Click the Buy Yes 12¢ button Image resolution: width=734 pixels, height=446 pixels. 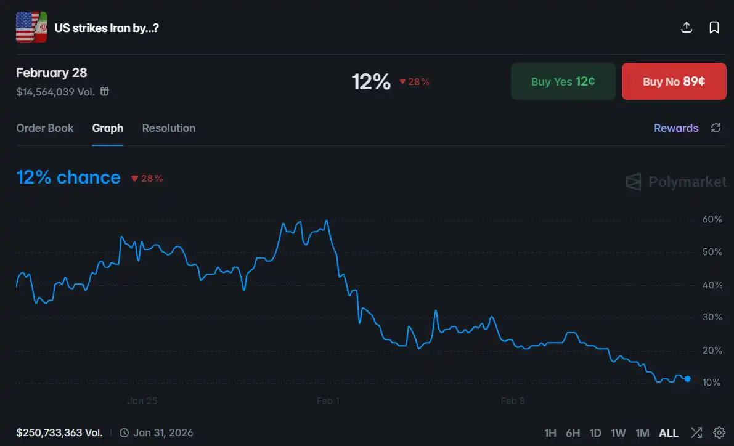coord(563,81)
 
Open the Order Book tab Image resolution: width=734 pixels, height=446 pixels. coord(45,128)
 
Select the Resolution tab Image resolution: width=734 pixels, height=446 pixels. coord(168,128)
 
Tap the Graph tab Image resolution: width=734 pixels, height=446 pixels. coord(108,128)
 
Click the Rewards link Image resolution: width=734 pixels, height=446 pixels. coord(676,128)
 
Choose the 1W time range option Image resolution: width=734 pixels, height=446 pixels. coord(618,433)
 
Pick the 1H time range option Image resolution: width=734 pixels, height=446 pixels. coord(550,433)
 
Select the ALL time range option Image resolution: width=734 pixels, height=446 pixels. coord(669,433)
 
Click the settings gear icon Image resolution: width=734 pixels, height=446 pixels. coord(719,432)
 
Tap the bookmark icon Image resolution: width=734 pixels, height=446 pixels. coord(714,28)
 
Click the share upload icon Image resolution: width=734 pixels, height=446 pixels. coord(687,28)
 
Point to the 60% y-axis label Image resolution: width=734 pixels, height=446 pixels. coord(712,220)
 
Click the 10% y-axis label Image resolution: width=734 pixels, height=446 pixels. coord(712,383)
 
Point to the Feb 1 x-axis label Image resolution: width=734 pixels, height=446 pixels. coord(328,401)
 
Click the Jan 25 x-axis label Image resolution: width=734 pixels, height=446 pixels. coord(142,401)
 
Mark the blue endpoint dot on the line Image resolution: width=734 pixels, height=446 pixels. coord(688,379)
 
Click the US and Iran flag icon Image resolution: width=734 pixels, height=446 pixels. coord(31,28)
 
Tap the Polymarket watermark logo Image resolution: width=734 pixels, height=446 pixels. coord(676,182)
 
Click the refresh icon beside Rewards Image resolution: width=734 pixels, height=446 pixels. coord(716,128)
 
